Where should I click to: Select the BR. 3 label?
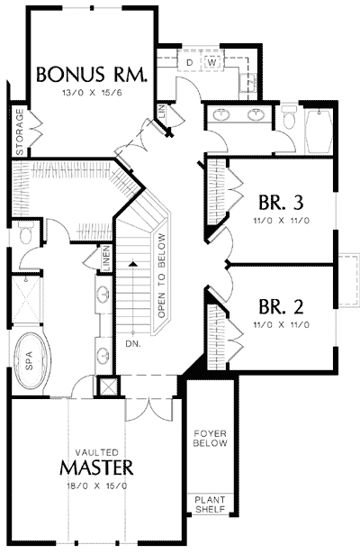277,201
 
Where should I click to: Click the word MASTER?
97,468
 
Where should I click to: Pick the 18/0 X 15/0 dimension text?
97,486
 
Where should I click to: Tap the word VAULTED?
97,450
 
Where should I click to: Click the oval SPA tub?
31,361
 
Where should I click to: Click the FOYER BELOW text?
212,439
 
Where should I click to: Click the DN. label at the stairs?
133,344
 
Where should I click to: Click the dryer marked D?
190,61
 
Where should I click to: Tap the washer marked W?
212,61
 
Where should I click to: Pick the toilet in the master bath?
25,236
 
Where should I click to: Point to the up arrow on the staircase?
132,262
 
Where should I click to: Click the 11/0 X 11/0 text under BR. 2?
277,323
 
